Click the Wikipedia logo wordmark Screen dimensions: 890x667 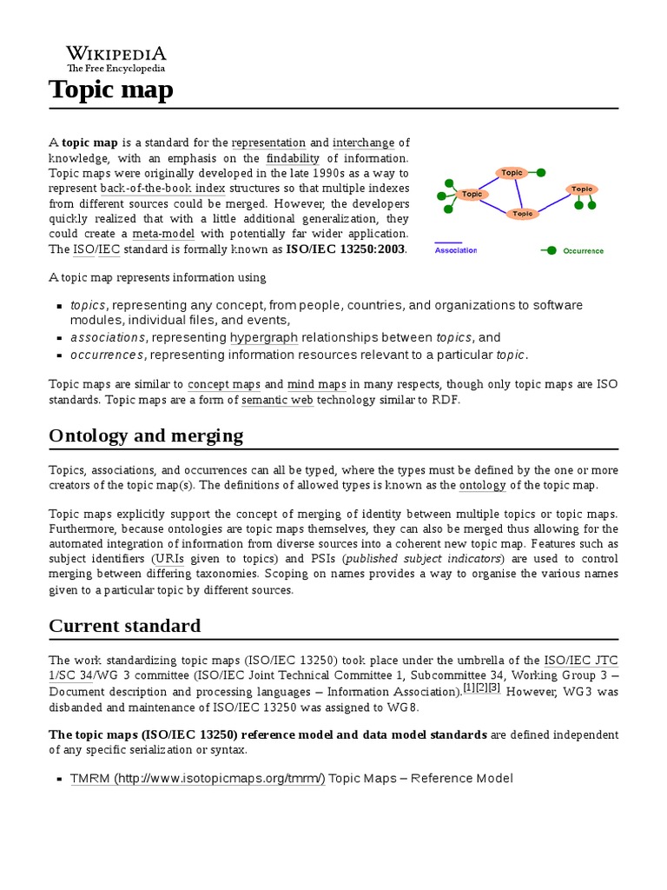(116, 54)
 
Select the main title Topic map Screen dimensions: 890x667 (110, 90)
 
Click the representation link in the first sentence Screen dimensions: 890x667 (269, 143)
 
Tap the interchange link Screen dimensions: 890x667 (363, 143)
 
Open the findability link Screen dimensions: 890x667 (293, 158)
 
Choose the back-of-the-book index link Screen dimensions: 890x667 (162, 189)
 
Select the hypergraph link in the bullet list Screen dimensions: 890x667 (264, 337)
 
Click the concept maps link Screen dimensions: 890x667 (224, 383)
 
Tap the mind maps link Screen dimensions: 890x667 (317, 383)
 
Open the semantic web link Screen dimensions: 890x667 (277, 400)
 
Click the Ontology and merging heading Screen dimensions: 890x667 (146, 435)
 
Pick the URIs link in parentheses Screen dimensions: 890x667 (168, 559)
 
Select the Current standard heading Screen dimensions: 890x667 (124, 626)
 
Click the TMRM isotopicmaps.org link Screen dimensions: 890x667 (198, 778)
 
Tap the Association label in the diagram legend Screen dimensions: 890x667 (456, 250)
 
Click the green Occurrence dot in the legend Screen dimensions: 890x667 (551, 250)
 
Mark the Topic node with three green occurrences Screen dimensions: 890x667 (472, 195)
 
